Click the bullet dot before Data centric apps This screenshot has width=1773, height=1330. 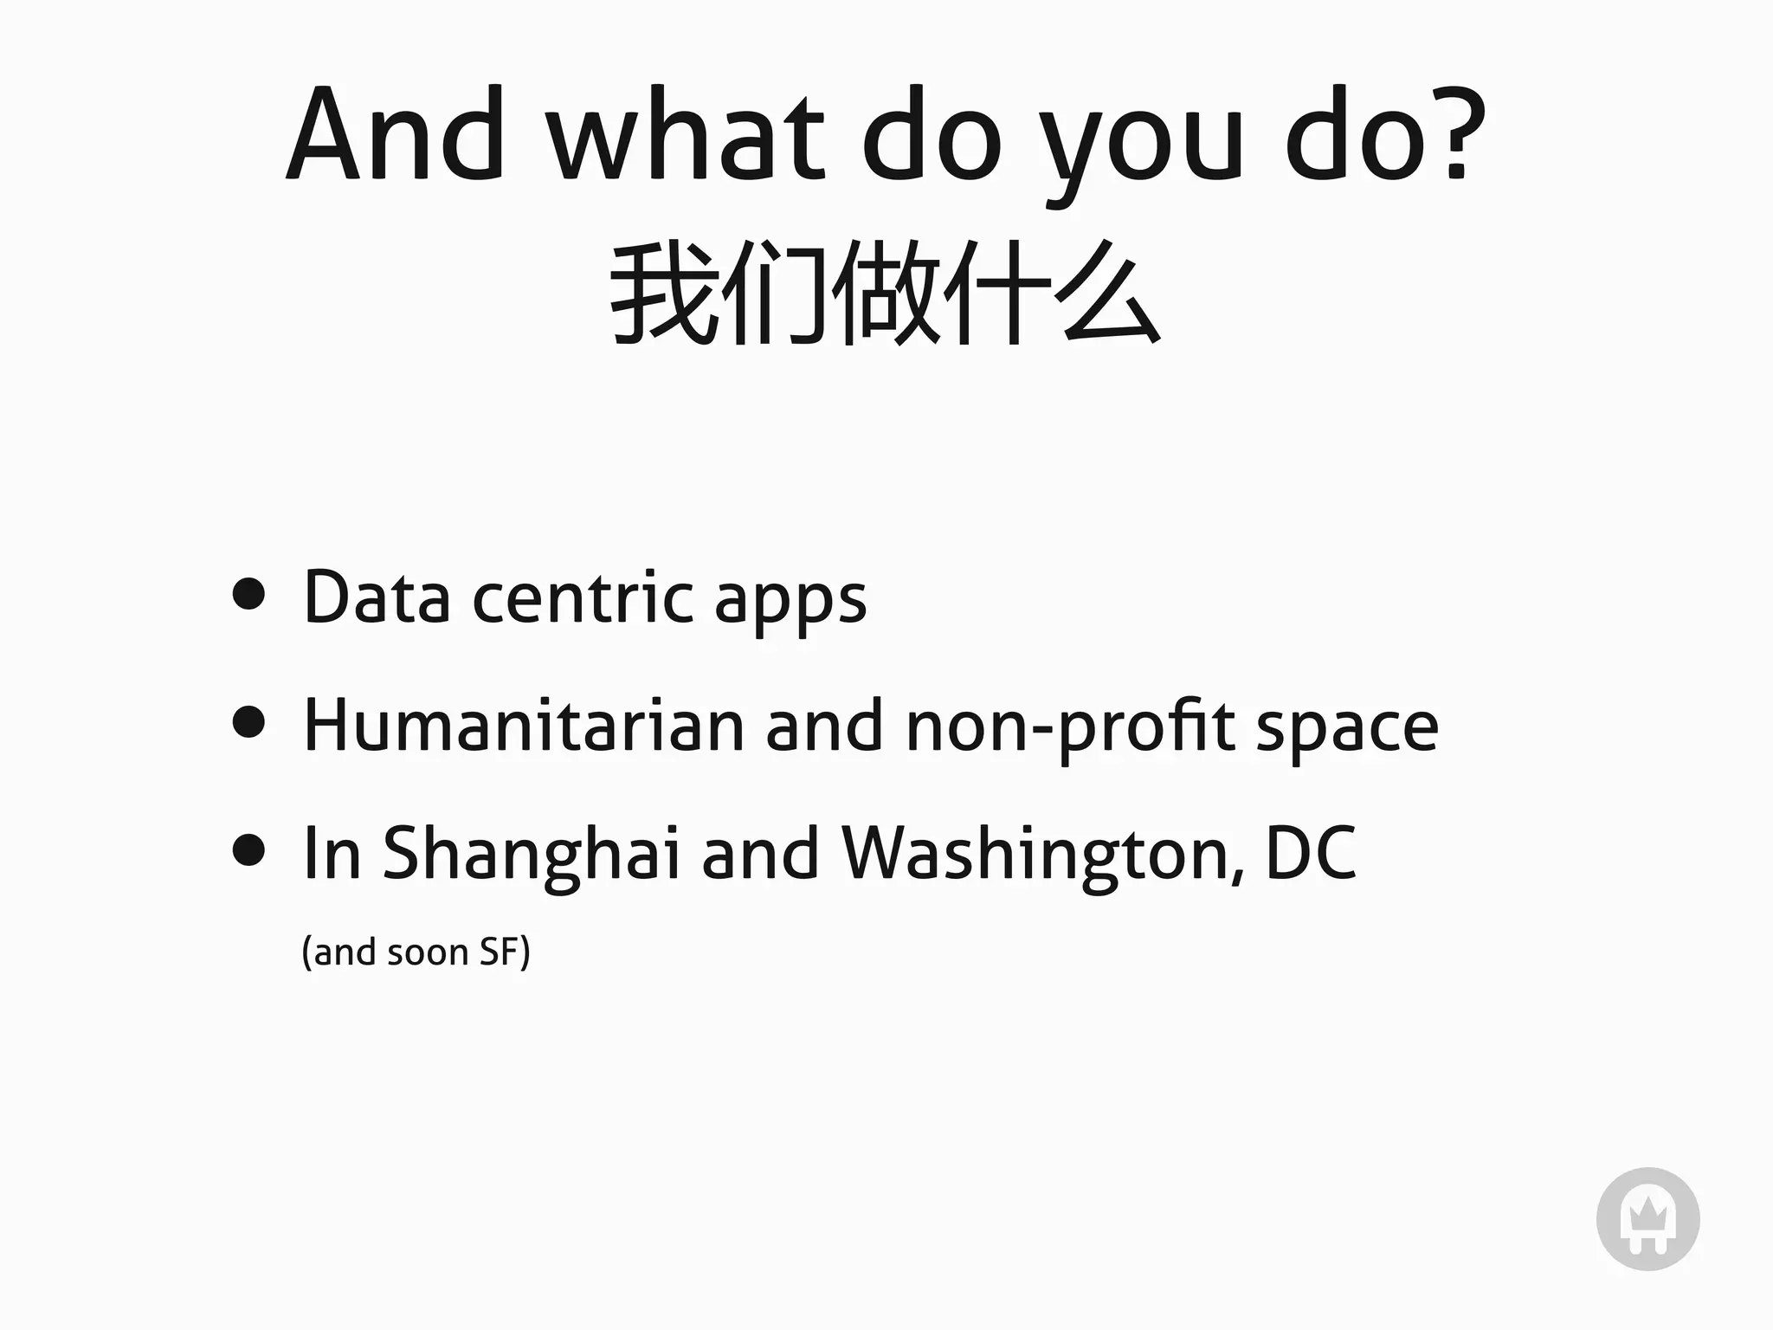pyautogui.click(x=248, y=594)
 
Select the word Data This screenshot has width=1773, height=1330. pyautogui.click(x=377, y=597)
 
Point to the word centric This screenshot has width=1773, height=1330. pyautogui.click(x=583, y=597)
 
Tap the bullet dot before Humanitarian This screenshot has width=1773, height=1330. pyautogui.click(x=248, y=721)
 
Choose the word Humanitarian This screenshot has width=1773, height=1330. pyautogui.click(x=524, y=725)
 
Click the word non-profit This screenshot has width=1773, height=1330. pyautogui.click(x=1070, y=727)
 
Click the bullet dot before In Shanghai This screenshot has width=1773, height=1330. pyautogui.click(x=248, y=849)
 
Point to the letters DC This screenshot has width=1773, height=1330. pyautogui.click(x=1311, y=853)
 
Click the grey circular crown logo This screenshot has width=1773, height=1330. pyautogui.click(x=1647, y=1219)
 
